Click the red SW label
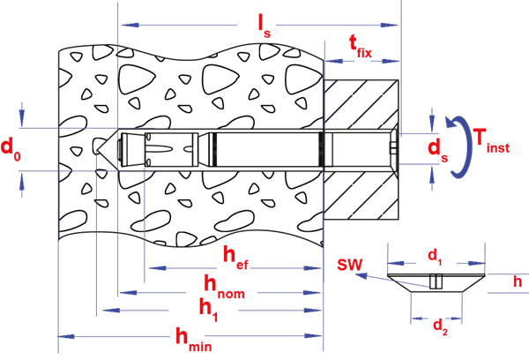pos(347,266)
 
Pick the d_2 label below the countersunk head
pos(438,325)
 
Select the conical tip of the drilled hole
pos(105,146)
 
